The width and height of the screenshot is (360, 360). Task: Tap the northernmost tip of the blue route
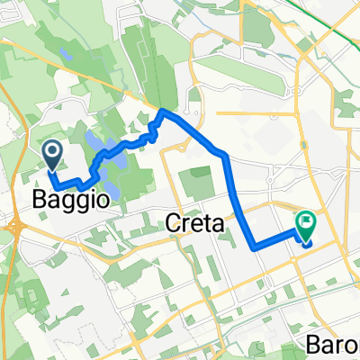click(x=164, y=112)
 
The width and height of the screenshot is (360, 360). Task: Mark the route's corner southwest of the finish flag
click(x=253, y=245)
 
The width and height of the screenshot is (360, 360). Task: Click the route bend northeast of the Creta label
click(x=224, y=157)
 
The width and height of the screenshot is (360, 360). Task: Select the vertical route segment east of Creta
click(x=237, y=202)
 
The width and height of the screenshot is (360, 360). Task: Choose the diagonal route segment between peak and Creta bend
click(x=193, y=134)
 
